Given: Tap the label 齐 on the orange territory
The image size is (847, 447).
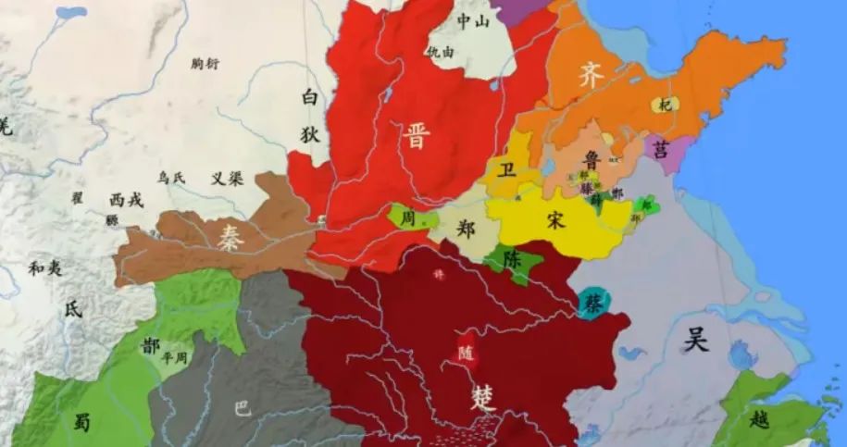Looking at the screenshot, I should click(x=591, y=76).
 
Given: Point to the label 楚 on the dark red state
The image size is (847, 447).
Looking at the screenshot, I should click(x=482, y=397).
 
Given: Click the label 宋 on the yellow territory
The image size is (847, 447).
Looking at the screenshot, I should click(x=555, y=220).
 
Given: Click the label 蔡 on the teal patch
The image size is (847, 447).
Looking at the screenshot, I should click(x=592, y=302).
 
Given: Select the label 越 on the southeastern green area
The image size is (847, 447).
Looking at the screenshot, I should click(x=759, y=418).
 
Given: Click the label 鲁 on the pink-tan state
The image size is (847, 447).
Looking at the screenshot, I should click(x=592, y=158).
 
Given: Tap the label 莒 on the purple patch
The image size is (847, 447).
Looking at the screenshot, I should click(x=660, y=149).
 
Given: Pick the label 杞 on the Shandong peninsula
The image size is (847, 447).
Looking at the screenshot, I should click(x=663, y=105).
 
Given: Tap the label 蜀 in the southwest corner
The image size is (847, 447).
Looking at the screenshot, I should click(x=82, y=420).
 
